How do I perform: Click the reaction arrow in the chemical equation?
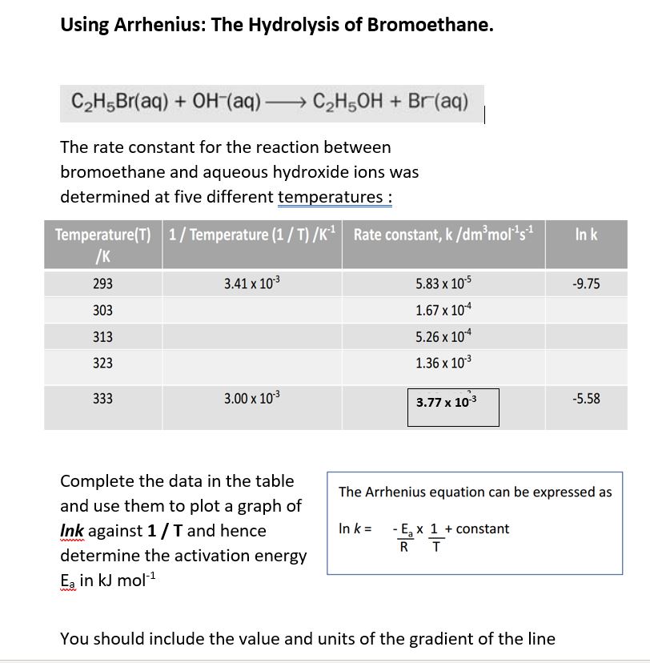283,103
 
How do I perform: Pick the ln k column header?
586,235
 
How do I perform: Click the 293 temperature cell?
102,284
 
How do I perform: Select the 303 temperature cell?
102,311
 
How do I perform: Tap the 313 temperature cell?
102,337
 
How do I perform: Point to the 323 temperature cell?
102,364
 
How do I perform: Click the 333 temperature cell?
102,399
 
